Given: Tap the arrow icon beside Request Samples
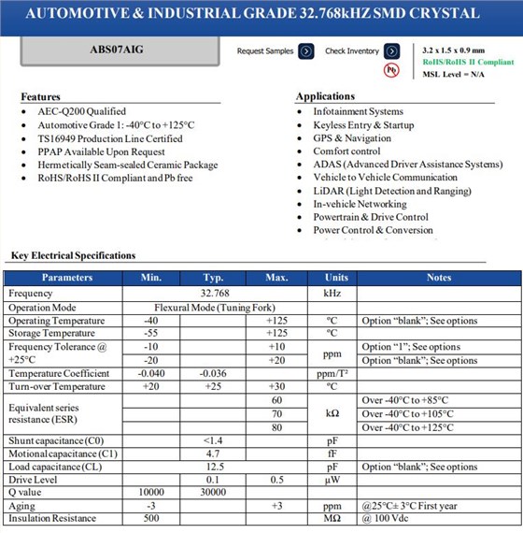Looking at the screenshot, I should tap(305, 51).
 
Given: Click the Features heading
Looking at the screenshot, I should tap(41, 96).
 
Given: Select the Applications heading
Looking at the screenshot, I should tap(325, 96).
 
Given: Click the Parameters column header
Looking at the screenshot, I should tap(67, 278).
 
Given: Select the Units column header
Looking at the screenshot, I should tap(336, 278).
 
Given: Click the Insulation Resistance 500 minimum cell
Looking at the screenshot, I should tap(151, 518).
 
